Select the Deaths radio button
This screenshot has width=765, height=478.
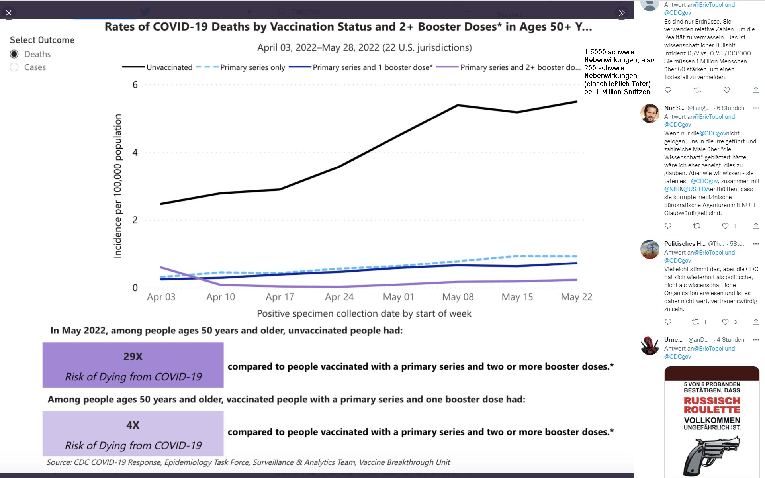click(14, 54)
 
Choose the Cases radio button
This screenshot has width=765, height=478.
click(14, 67)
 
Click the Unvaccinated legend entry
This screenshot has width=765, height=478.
click(169, 67)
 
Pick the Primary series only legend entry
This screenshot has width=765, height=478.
click(252, 67)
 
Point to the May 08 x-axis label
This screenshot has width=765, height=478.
click(458, 297)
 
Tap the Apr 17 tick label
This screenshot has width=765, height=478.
click(280, 297)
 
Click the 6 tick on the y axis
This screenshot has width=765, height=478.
click(135, 85)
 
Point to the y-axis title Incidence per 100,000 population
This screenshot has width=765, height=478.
click(118, 186)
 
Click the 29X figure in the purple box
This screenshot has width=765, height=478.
click(133, 357)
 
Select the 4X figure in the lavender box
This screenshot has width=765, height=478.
click(133, 425)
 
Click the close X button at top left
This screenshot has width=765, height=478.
click(9, 13)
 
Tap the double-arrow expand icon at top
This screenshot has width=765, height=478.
click(621, 13)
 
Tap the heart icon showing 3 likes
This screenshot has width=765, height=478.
click(726, 322)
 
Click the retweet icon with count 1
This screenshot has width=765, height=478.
click(695, 322)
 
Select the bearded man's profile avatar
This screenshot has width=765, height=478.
click(650, 114)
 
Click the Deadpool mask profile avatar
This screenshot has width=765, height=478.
click(650, 345)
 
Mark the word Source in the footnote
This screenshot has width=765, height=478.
click(59, 462)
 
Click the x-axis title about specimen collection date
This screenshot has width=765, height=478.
click(364, 314)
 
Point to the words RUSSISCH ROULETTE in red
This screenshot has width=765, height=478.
click(712, 405)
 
